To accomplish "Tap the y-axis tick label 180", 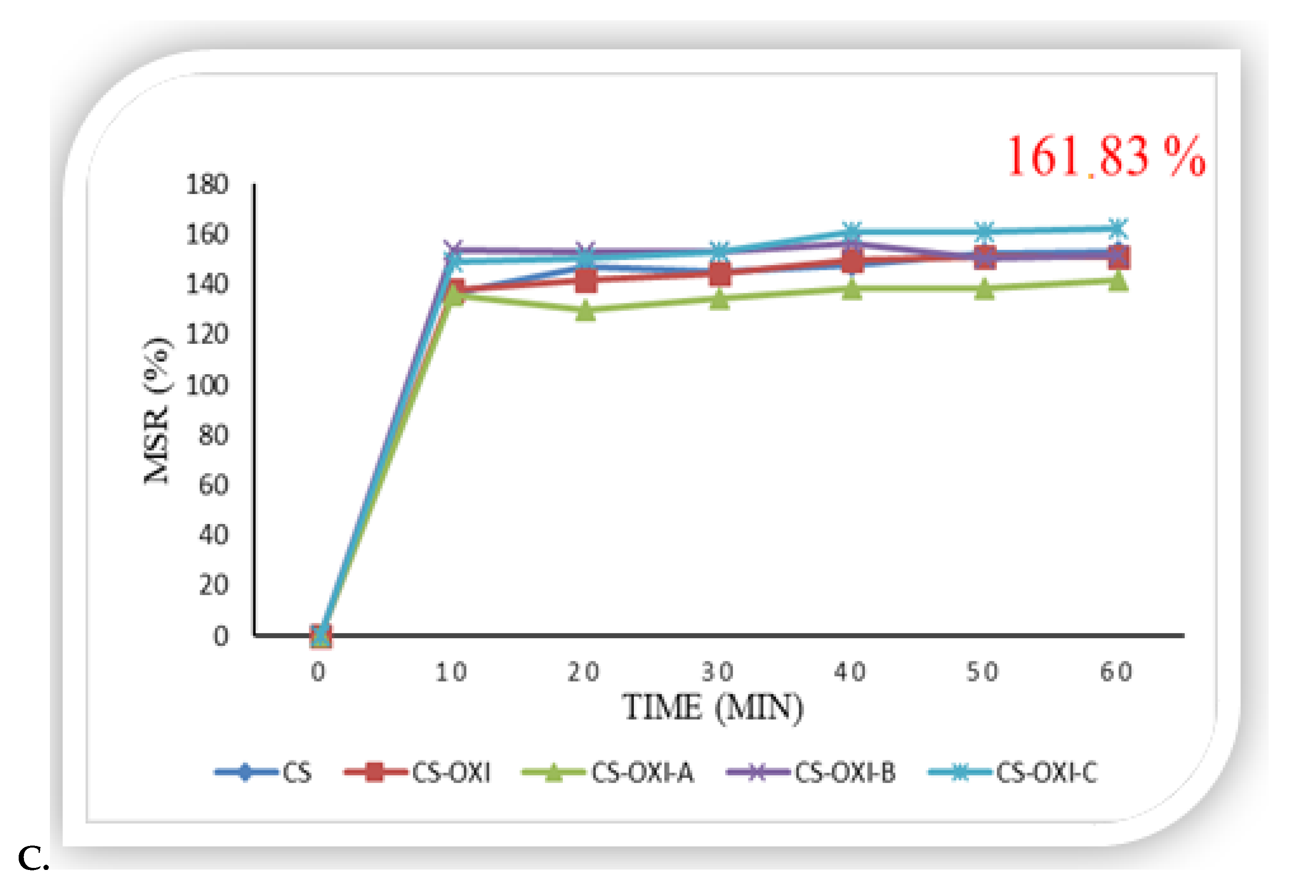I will click(x=207, y=184).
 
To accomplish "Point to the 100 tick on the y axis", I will click(x=207, y=385).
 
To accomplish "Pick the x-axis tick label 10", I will click(x=451, y=672).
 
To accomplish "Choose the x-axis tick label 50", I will click(x=983, y=672).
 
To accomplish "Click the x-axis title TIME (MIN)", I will click(x=713, y=708).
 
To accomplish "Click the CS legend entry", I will click(x=296, y=772).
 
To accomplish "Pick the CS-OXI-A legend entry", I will click(x=642, y=772).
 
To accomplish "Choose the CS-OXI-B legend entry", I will click(x=845, y=772).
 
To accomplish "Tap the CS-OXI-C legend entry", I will click(x=1046, y=772).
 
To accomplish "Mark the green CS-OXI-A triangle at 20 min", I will click(x=585, y=311).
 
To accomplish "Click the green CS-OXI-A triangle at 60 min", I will click(x=1118, y=281).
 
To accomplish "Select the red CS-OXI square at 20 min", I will click(x=585, y=280).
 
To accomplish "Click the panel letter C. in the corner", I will click(x=33, y=859).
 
